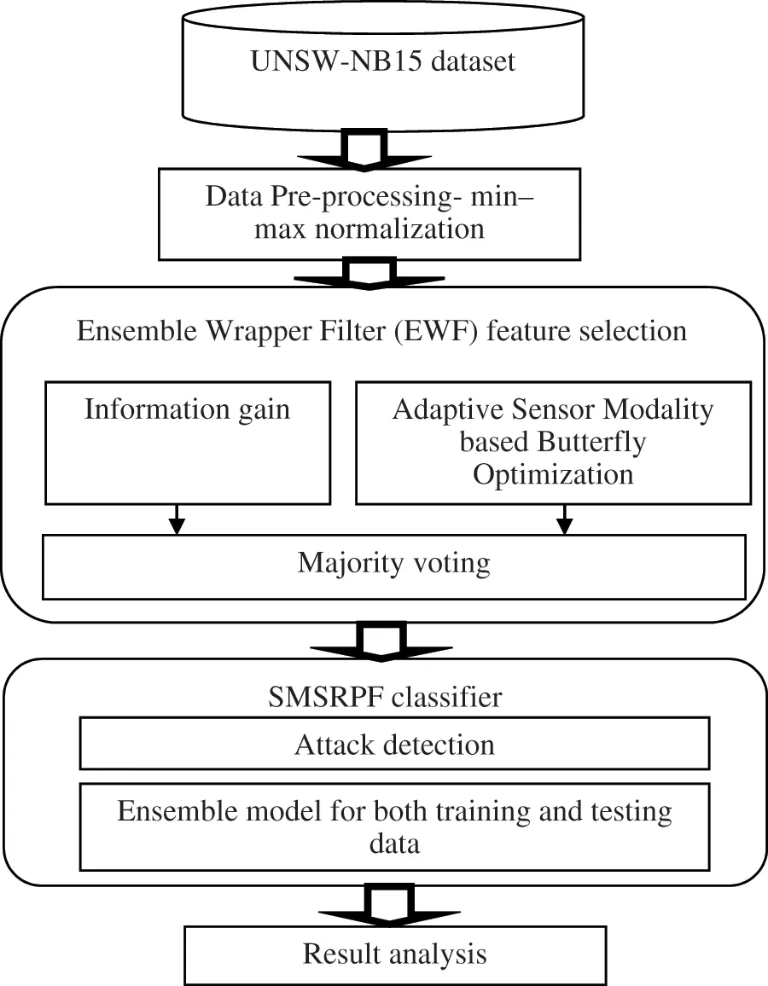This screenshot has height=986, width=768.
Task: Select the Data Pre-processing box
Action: pos(369,214)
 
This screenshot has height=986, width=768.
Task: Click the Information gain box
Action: pos(187,444)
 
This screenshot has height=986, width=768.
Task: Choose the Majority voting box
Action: pos(393,565)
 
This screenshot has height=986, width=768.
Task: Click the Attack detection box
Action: pos(393,744)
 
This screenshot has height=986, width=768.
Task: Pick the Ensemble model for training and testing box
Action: pos(393,826)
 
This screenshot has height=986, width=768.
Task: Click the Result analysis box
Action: pos(395,954)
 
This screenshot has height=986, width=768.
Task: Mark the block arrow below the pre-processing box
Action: pos(369,274)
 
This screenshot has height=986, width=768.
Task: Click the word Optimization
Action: pos(553,474)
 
